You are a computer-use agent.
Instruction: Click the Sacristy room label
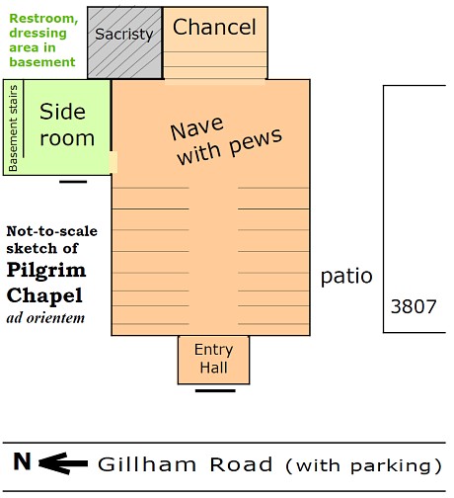tap(124, 35)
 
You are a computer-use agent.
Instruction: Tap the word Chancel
tap(214, 27)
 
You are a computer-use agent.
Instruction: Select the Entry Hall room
tap(214, 360)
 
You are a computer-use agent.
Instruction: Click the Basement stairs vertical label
tap(13, 128)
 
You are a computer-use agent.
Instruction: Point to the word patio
tap(346, 277)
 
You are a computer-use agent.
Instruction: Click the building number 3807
tap(414, 306)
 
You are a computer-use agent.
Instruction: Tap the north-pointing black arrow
tap(63, 463)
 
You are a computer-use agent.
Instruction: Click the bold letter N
tap(22, 461)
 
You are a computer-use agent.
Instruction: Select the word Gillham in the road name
tap(147, 464)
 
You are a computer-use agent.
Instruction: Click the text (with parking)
tap(363, 465)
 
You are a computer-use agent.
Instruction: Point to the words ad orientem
tap(45, 318)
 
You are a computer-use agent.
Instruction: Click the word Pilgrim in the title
tap(46, 271)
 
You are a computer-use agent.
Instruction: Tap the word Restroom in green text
tap(43, 19)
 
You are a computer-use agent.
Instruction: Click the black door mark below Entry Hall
tap(215, 391)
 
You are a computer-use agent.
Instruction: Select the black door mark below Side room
tap(73, 182)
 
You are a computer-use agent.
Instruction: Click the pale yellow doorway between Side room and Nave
tap(113, 162)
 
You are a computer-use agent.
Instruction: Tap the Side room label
tap(67, 124)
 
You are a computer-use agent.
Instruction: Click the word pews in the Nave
tap(256, 142)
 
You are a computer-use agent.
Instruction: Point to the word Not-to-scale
tap(52, 231)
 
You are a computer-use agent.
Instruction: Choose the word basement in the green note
tap(42, 62)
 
